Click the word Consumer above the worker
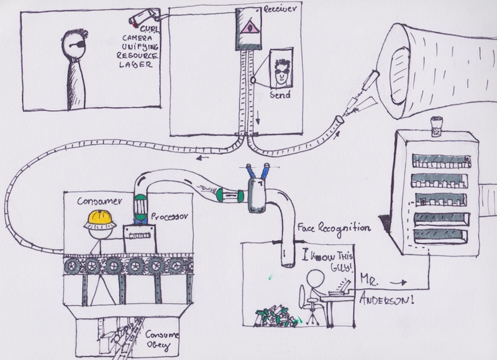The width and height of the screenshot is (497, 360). (97, 202)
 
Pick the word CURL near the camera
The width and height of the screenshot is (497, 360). (151, 29)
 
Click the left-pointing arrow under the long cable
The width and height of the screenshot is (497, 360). (202, 159)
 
